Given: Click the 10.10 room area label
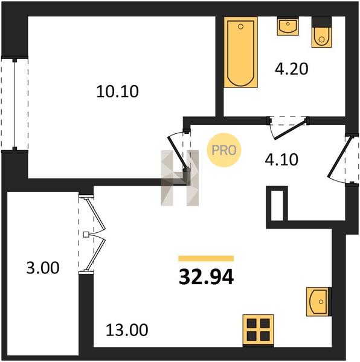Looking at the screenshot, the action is (x=117, y=92).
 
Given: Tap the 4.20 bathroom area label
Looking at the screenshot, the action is (x=291, y=69).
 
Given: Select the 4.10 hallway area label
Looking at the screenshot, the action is (x=281, y=159).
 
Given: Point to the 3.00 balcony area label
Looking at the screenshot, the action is (x=43, y=268).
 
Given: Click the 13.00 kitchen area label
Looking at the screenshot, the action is (x=127, y=330).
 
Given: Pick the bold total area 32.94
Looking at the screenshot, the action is (x=207, y=278).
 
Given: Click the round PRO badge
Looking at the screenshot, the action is (x=224, y=150).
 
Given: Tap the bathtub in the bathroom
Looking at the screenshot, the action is (x=241, y=52).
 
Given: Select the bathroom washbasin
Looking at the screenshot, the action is (x=288, y=26).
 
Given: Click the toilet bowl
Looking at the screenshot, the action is (x=321, y=33).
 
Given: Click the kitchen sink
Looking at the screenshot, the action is (x=319, y=302).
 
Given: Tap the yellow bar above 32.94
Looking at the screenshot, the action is (x=206, y=258).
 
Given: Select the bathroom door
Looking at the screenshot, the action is (x=289, y=128).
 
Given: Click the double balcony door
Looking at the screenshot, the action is (x=92, y=234).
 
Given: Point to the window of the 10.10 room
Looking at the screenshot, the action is (x=14, y=103).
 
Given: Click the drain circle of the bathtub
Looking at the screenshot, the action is (x=240, y=27).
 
